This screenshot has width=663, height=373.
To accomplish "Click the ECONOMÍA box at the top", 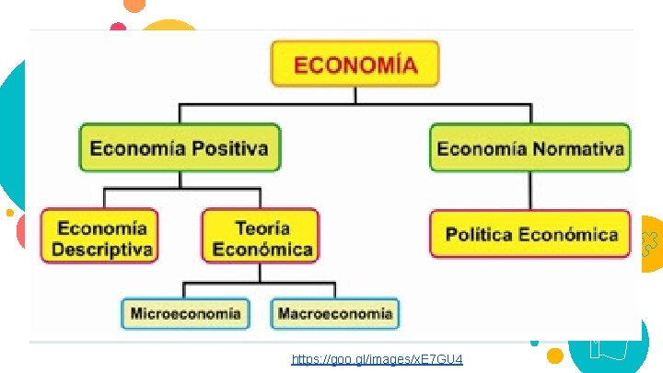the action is [x=355, y=64].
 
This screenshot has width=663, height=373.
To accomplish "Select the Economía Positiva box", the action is [x=180, y=147].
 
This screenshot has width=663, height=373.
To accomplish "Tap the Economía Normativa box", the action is [x=530, y=147].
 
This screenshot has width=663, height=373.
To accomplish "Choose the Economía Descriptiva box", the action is [x=99, y=237].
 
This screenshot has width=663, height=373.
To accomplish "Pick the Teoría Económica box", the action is [x=262, y=237].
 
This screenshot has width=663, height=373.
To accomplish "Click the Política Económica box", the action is [x=530, y=234].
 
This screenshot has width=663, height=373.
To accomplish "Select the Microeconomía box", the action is [x=185, y=313].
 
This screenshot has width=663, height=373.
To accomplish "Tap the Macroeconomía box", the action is [x=335, y=313].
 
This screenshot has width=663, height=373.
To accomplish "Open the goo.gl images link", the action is [x=377, y=358].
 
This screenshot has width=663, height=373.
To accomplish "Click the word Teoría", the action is [x=262, y=227].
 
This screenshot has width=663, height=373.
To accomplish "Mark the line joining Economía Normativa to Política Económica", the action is [x=530, y=191].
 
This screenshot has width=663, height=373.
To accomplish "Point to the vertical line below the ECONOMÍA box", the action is [x=355, y=96].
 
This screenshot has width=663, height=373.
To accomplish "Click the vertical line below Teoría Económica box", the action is [x=262, y=273].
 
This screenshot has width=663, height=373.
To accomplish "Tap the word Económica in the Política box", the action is [x=567, y=234].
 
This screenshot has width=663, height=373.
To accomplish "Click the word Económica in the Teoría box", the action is [x=262, y=249].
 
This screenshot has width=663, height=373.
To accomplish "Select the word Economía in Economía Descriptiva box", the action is [x=101, y=227].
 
